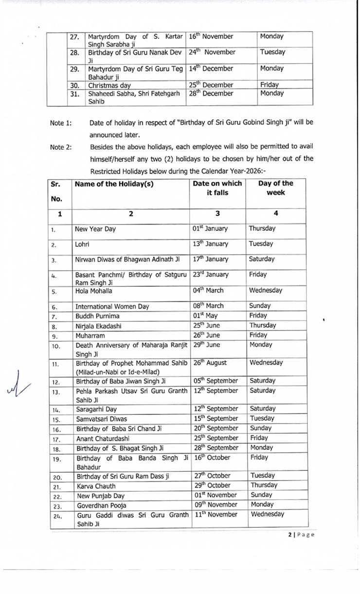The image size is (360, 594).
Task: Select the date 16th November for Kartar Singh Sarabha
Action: (211, 37)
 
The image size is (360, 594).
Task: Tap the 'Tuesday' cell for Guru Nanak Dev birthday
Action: (272, 52)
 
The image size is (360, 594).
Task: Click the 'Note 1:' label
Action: (61, 123)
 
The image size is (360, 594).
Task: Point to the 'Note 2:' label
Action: (61, 147)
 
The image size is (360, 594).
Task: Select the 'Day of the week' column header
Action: (275, 188)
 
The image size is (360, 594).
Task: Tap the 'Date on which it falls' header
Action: (217, 188)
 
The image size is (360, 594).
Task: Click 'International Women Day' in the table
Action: (112, 307)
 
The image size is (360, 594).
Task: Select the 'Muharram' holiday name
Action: (90, 336)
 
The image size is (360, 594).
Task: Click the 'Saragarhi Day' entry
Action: (96, 409)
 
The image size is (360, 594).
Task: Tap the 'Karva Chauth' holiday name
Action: (96, 486)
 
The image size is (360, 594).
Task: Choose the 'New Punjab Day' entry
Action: (101, 496)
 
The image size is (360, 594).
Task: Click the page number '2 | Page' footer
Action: (301, 535)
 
